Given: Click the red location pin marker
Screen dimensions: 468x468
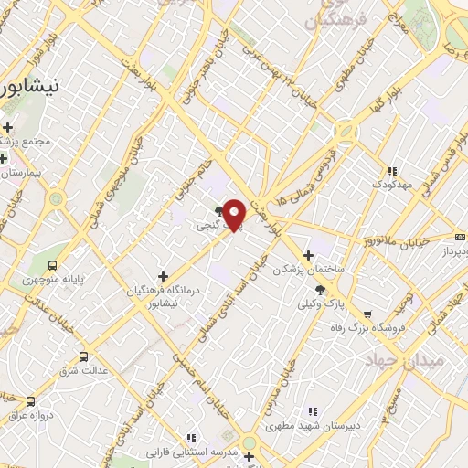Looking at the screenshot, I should pos(235,214).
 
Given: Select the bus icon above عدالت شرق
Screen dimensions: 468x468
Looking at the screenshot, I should pos(84,356).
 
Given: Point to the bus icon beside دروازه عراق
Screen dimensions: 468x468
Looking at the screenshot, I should pos(30,401).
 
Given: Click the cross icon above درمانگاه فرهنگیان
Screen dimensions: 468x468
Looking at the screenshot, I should pos(163,275).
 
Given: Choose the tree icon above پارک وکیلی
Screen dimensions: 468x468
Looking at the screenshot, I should pos(319,289).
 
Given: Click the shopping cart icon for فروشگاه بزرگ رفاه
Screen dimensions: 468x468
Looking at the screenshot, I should pos(367,314).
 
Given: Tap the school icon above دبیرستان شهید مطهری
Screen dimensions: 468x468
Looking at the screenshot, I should pos(313,412).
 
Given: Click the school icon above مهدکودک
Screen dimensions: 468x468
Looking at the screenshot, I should pos(392,170).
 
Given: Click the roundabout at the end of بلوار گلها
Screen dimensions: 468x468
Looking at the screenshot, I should pos(346,134).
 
